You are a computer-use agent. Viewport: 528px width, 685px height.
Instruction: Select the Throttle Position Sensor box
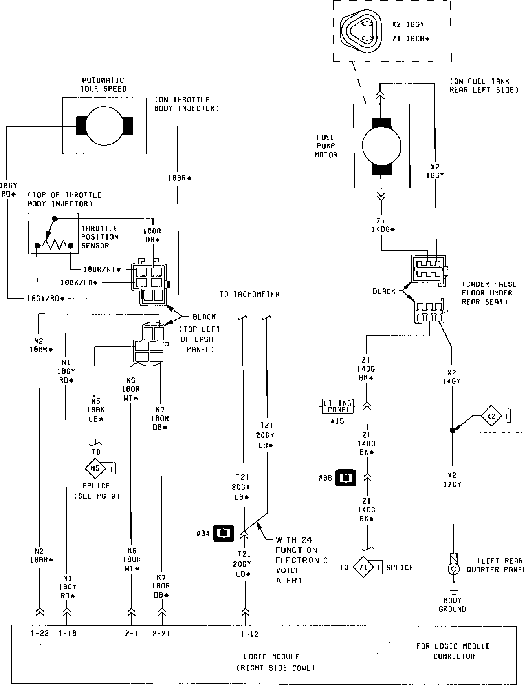click(x=53, y=233)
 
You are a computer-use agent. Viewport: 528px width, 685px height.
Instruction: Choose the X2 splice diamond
click(x=491, y=416)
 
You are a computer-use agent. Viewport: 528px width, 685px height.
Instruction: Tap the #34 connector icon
click(x=224, y=532)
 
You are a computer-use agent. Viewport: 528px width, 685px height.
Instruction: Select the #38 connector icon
click(x=346, y=478)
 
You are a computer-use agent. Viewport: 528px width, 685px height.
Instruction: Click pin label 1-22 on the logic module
click(x=40, y=633)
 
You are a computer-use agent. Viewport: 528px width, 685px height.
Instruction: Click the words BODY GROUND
click(x=452, y=605)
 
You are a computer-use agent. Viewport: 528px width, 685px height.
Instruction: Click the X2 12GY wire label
click(x=452, y=480)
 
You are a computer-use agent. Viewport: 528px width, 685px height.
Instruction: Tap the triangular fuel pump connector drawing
click(x=360, y=32)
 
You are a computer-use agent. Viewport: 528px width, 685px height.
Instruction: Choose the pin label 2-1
click(x=132, y=633)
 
